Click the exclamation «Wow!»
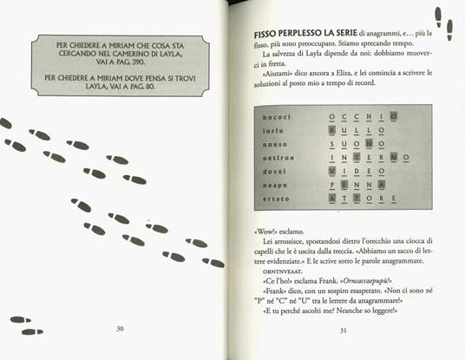pyautogui.click(x=249, y=232)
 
